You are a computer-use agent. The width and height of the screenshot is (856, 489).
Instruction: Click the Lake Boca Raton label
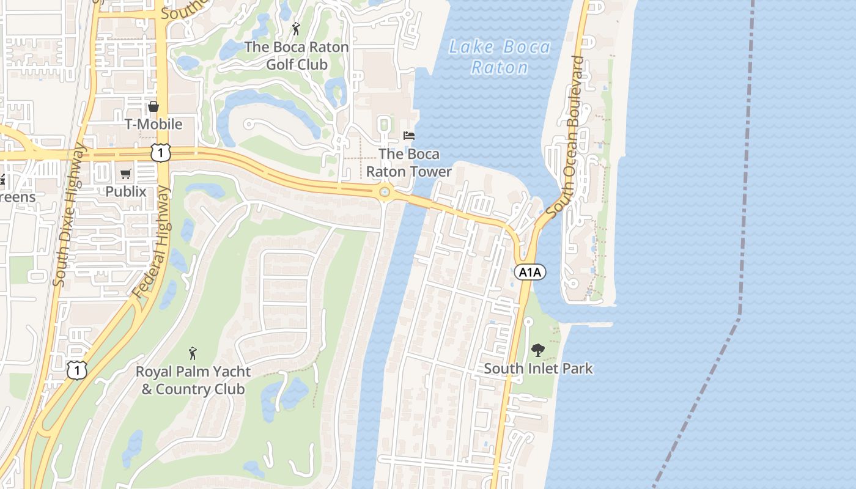coord(500,57)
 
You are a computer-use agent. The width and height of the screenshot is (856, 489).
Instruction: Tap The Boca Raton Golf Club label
coord(297,56)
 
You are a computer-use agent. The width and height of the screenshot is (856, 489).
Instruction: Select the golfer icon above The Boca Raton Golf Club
coord(296,28)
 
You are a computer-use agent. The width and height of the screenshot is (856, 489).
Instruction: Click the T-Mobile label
coord(153,124)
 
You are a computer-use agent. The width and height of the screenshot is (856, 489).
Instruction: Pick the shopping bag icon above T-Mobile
coord(153,106)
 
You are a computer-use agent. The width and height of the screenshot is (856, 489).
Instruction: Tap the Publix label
coord(125,191)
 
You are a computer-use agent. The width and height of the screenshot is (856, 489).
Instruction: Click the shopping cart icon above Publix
coord(126,174)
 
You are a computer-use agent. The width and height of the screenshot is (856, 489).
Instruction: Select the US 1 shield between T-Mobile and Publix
coord(160,153)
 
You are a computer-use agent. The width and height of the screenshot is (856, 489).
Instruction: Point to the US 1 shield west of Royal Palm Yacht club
coord(77,369)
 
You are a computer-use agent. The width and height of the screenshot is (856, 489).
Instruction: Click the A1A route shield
coord(529,272)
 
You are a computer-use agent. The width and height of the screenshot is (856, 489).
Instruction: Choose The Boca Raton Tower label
coord(408,163)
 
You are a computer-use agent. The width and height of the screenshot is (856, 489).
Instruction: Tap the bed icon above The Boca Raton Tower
coord(409,136)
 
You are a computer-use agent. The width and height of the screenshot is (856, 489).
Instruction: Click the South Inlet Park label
coord(538,369)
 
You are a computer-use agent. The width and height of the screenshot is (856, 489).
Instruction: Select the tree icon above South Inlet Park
coord(538,350)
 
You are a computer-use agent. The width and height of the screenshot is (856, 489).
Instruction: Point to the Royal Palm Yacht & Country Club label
coord(193,380)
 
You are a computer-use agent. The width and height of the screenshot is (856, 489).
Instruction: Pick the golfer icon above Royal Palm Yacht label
coord(193,353)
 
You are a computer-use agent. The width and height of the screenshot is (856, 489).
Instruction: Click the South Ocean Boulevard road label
coord(566,136)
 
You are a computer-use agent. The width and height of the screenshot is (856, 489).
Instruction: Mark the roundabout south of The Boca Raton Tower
coord(385,193)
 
